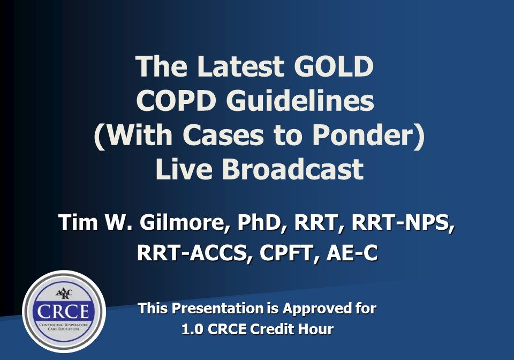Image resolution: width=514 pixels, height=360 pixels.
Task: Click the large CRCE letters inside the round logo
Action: click(64, 312)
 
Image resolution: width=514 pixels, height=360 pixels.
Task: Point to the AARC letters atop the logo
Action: click(64, 294)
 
